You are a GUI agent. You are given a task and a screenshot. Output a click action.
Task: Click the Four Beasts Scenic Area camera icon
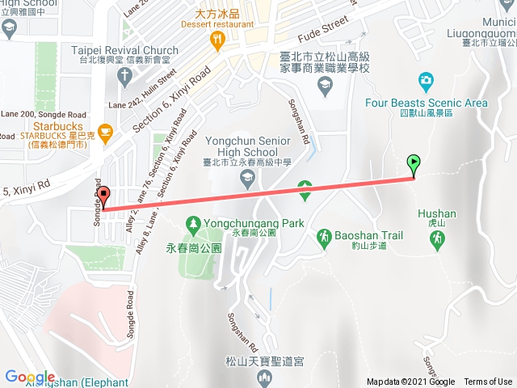426,80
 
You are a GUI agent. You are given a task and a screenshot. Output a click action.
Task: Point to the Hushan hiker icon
437,238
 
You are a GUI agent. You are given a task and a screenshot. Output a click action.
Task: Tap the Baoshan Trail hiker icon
324,236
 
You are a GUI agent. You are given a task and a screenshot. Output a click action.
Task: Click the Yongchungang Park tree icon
193,222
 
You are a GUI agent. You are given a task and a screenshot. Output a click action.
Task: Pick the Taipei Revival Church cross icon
123,76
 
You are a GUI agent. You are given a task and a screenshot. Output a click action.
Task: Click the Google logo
30,377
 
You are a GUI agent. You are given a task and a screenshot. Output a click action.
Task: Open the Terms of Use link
488,382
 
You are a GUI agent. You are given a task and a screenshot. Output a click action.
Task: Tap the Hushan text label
437,214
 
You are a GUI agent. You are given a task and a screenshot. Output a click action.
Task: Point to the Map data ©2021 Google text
410,382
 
